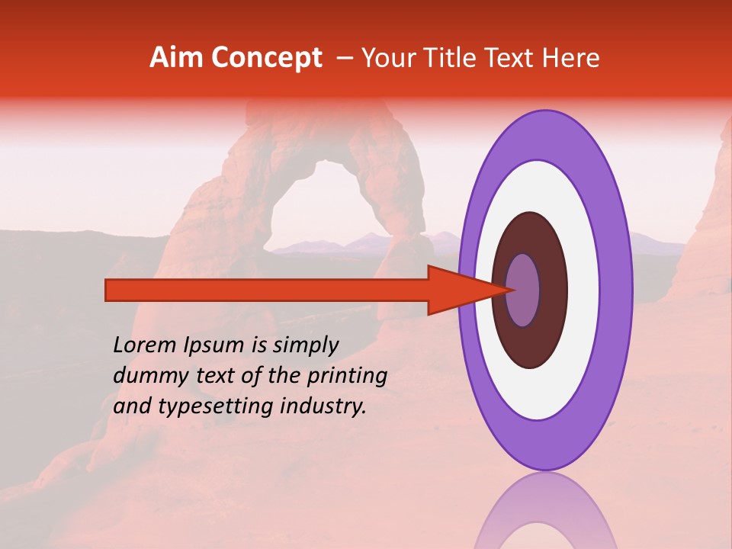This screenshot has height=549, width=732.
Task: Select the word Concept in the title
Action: point(266,58)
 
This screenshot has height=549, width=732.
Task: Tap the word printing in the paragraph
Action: point(347,376)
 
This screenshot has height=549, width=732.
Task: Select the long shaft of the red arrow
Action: point(267,291)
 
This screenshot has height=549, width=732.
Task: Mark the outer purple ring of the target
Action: point(619,291)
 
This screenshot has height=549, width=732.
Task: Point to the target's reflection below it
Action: point(545,515)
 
